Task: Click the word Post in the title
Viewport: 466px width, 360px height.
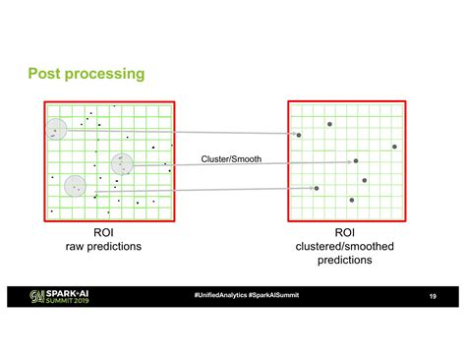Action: pyautogui.click(x=45, y=73)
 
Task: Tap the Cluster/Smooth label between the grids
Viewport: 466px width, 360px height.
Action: pyautogui.click(x=231, y=158)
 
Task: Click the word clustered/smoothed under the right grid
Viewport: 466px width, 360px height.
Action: pyautogui.click(x=345, y=247)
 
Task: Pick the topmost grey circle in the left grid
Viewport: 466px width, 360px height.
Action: pyautogui.click(x=56, y=128)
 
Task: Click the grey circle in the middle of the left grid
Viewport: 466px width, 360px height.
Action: pyautogui.click(x=122, y=164)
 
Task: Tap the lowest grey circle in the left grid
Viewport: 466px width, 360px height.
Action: pyautogui.click(x=76, y=186)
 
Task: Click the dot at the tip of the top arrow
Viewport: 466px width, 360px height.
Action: pyautogui.click(x=299, y=135)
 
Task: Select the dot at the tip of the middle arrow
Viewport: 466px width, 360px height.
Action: pyautogui.click(x=356, y=160)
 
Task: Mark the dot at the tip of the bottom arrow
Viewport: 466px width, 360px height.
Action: pyautogui.click(x=316, y=187)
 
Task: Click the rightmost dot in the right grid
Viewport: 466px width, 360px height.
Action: pyautogui.click(x=394, y=147)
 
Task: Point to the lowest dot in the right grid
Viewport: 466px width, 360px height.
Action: pyautogui.click(x=348, y=201)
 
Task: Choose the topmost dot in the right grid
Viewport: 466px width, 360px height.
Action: pyautogui.click(x=329, y=124)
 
